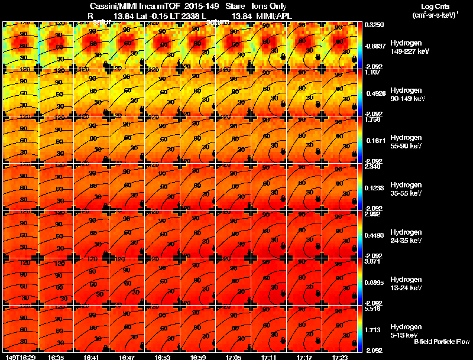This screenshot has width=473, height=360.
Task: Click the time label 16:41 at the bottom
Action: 90,357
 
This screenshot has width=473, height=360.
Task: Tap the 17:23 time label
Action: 339,357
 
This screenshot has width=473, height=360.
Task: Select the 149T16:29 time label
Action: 19,357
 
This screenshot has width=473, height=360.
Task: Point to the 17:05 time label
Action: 233,357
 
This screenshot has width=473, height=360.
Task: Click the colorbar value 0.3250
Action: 374,25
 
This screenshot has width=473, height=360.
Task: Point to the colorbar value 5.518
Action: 372,309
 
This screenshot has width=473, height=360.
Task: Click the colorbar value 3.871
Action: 372,262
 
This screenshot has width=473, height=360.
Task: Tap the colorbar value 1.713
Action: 372,329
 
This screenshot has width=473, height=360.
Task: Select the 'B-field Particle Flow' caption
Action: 441,342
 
